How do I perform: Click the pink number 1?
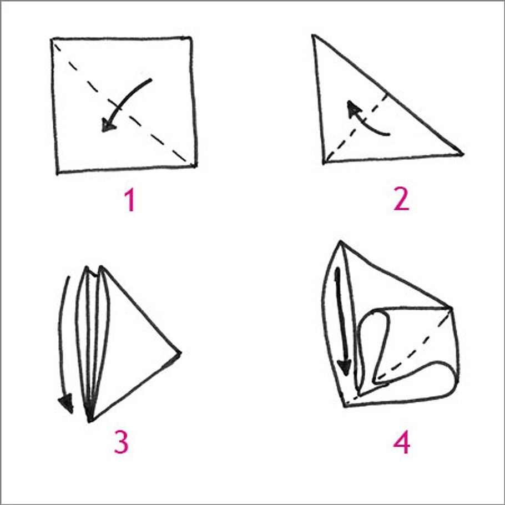click(129, 200)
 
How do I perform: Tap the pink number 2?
click(401, 200)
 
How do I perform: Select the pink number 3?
click(120, 442)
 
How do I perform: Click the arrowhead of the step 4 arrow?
click(345, 366)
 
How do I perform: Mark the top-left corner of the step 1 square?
click(53, 39)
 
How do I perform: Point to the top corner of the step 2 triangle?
click(314, 36)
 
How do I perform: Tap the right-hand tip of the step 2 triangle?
click(462, 153)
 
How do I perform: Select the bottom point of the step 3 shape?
click(89, 421)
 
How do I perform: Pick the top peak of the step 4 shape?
click(340, 242)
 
